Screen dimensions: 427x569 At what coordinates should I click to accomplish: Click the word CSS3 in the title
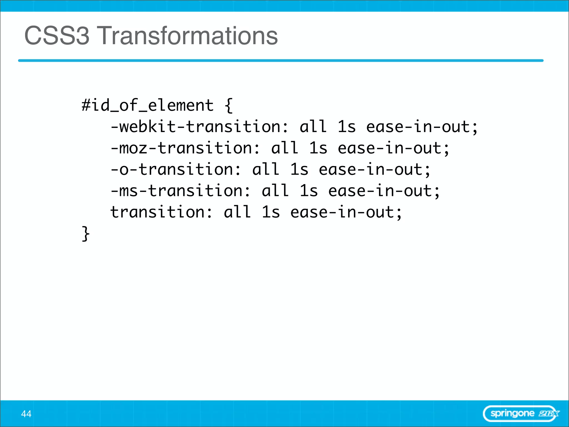[x=57, y=36]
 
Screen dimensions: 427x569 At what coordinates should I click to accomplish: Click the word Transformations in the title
[x=188, y=36]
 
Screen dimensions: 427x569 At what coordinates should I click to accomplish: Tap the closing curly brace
[x=86, y=234]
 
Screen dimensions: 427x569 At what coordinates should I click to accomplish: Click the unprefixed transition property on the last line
[x=161, y=212]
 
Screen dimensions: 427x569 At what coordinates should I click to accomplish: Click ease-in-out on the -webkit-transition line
[x=418, y=127]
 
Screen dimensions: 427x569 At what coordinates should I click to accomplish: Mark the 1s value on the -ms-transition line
[x=309, y=191]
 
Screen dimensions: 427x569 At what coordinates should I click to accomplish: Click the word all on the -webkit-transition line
[x=313, y=127]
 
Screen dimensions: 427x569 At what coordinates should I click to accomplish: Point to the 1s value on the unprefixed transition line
[x=271, y=212]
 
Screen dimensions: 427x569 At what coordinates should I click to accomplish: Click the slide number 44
[x=26, y=414]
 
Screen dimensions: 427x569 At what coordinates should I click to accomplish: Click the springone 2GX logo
[x=521, y=414]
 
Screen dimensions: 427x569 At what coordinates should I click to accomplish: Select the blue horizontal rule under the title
[x=281, y=61]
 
